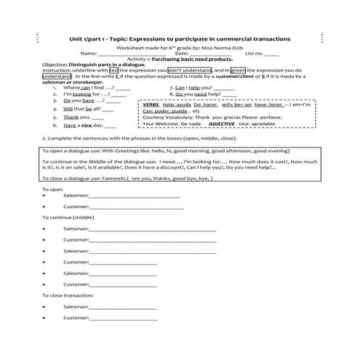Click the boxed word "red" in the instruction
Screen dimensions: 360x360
tap(113, 70)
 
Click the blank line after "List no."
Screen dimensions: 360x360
tap(271, 54)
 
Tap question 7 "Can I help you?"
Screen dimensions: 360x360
tap(207, 87)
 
